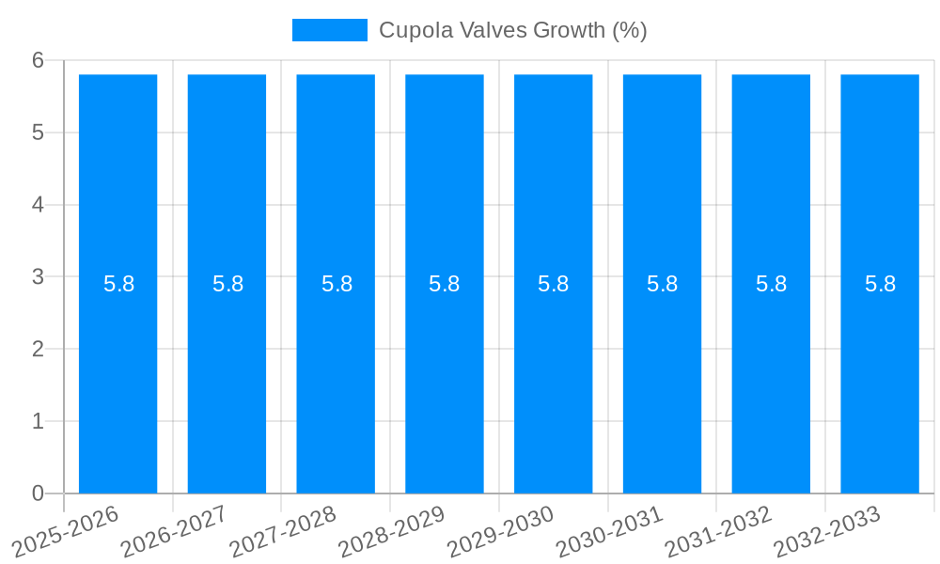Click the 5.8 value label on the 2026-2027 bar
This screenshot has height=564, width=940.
point(227,284)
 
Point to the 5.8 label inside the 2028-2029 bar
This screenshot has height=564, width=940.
point(444,284)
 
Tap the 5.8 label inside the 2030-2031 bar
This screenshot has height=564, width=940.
point(662,284)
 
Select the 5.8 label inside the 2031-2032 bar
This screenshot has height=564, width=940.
point(771,284)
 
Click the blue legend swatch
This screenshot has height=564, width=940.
point(329,30)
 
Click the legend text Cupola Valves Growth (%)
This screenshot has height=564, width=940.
point(512,30)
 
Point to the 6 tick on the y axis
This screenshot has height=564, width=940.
point(38,60)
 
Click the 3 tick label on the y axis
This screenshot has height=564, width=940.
point(38,276)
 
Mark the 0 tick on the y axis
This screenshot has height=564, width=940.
point(38,493)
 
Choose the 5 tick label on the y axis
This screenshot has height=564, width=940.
point(38,133)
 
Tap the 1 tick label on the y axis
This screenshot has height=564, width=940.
point(38,421)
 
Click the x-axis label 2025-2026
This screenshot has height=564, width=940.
point(66,530)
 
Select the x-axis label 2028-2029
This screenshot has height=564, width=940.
point(391,530)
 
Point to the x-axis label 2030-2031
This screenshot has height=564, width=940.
point(609,530)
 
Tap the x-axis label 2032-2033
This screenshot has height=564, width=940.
point(827,530)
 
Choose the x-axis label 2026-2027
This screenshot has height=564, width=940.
point(174,530)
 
